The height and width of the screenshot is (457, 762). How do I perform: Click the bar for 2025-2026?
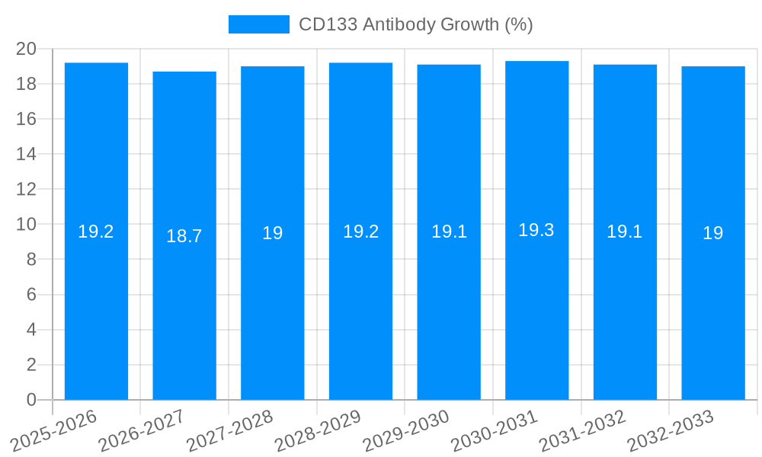[96, 305]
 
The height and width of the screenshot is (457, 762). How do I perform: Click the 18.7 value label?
[184, 236]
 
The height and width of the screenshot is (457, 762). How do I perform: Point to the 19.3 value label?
[536, 230]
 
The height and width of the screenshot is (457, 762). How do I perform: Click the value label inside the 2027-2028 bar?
[273, 234]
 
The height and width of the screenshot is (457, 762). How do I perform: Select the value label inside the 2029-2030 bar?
[449, 232]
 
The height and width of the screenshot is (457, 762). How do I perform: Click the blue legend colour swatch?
[259, 24]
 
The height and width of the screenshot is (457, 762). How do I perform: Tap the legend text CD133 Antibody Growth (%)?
[415, 24]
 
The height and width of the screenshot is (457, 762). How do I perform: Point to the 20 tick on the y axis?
[26, 49]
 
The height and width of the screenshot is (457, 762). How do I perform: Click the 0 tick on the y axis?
[31, 400]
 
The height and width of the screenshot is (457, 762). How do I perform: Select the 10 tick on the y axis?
[26, 224]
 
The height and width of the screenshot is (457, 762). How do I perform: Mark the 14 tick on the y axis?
[26, 154]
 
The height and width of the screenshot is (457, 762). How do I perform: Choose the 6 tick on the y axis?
[31, 295]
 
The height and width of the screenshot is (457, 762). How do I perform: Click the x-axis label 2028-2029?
[319, 431]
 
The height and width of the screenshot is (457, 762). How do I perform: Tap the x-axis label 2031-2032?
[583, 431]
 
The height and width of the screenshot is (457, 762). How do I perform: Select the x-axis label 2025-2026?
[54, 431]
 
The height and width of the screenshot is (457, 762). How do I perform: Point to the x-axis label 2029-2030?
[406, 431]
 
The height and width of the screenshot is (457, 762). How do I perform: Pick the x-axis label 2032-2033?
[671, 431]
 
